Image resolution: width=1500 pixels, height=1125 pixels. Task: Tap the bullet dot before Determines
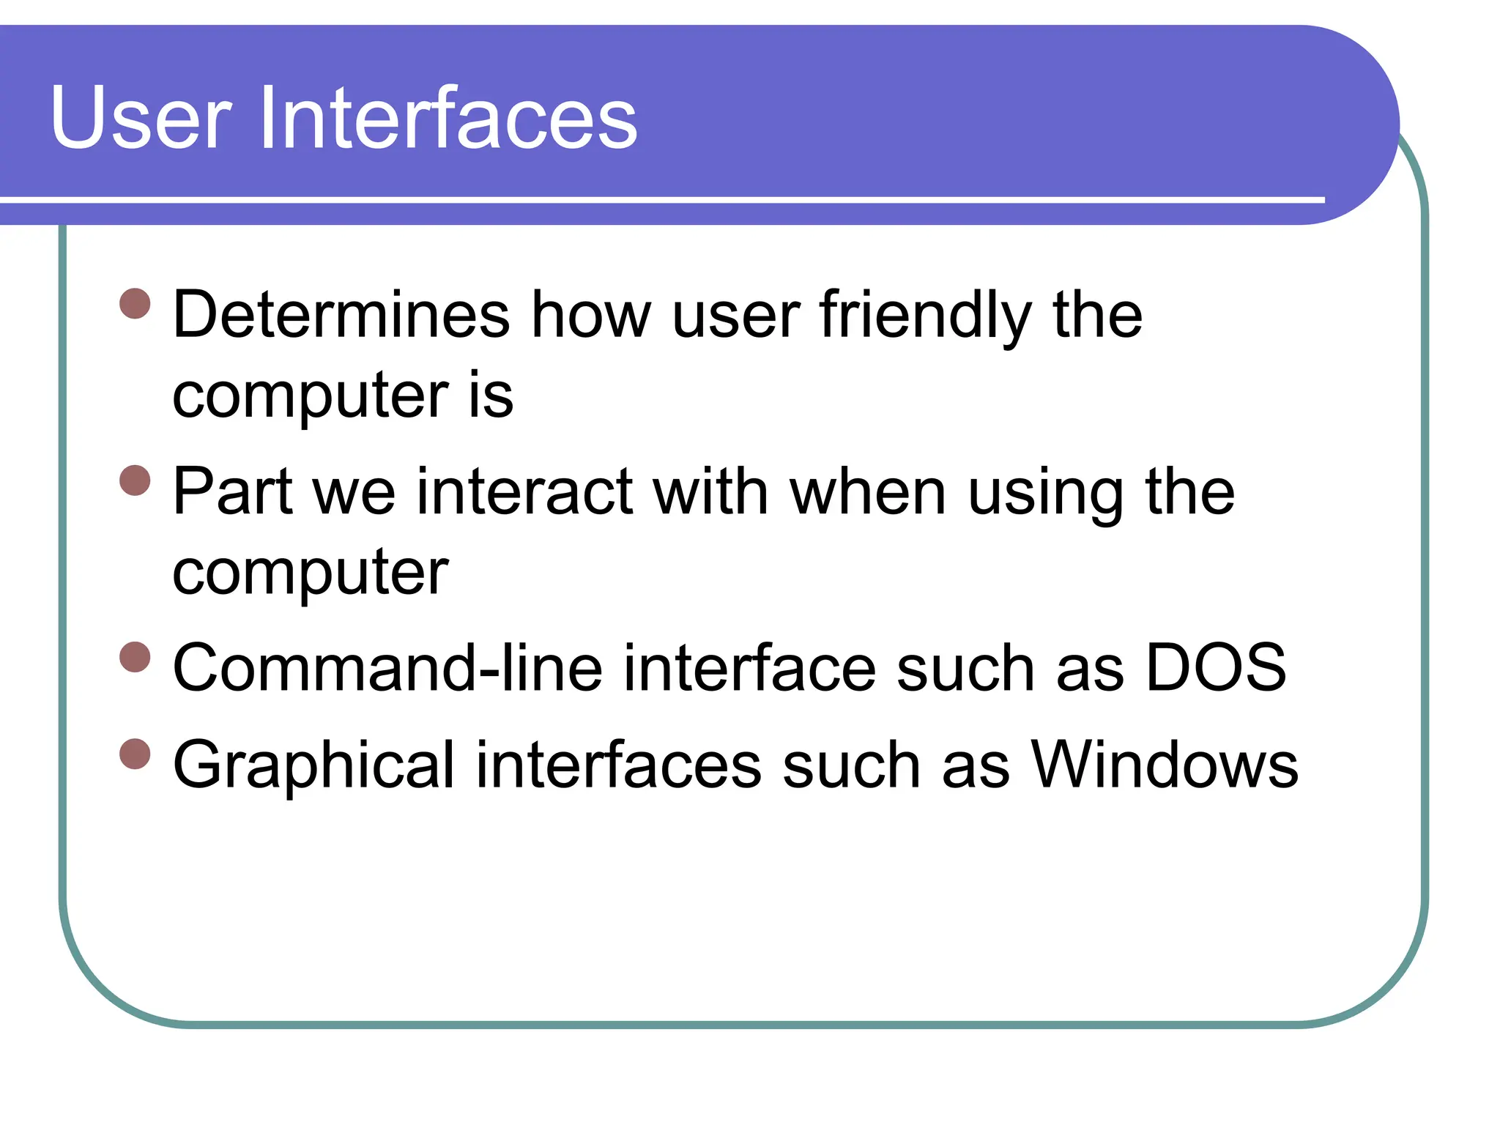point(135,303)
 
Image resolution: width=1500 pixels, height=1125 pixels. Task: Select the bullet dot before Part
point(135,480)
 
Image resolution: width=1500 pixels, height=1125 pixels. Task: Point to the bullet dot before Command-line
point(135,656)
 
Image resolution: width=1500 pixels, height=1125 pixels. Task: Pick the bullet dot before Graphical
point(135,754)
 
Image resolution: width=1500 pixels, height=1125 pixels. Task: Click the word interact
point(524,492)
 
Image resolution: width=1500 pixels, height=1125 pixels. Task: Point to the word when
point(868,492)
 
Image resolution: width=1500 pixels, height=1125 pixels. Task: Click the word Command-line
point(387,668)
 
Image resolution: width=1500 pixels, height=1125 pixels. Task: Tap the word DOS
point(1215,668)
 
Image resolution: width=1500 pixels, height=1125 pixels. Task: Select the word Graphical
point(313,766)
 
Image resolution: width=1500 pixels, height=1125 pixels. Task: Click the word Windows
point(1165,765)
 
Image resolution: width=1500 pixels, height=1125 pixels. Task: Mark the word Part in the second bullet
point(233,492)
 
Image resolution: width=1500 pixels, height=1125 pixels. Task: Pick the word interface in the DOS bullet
point(749,668)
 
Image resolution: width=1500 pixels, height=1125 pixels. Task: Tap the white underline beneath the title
point(659,199)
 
